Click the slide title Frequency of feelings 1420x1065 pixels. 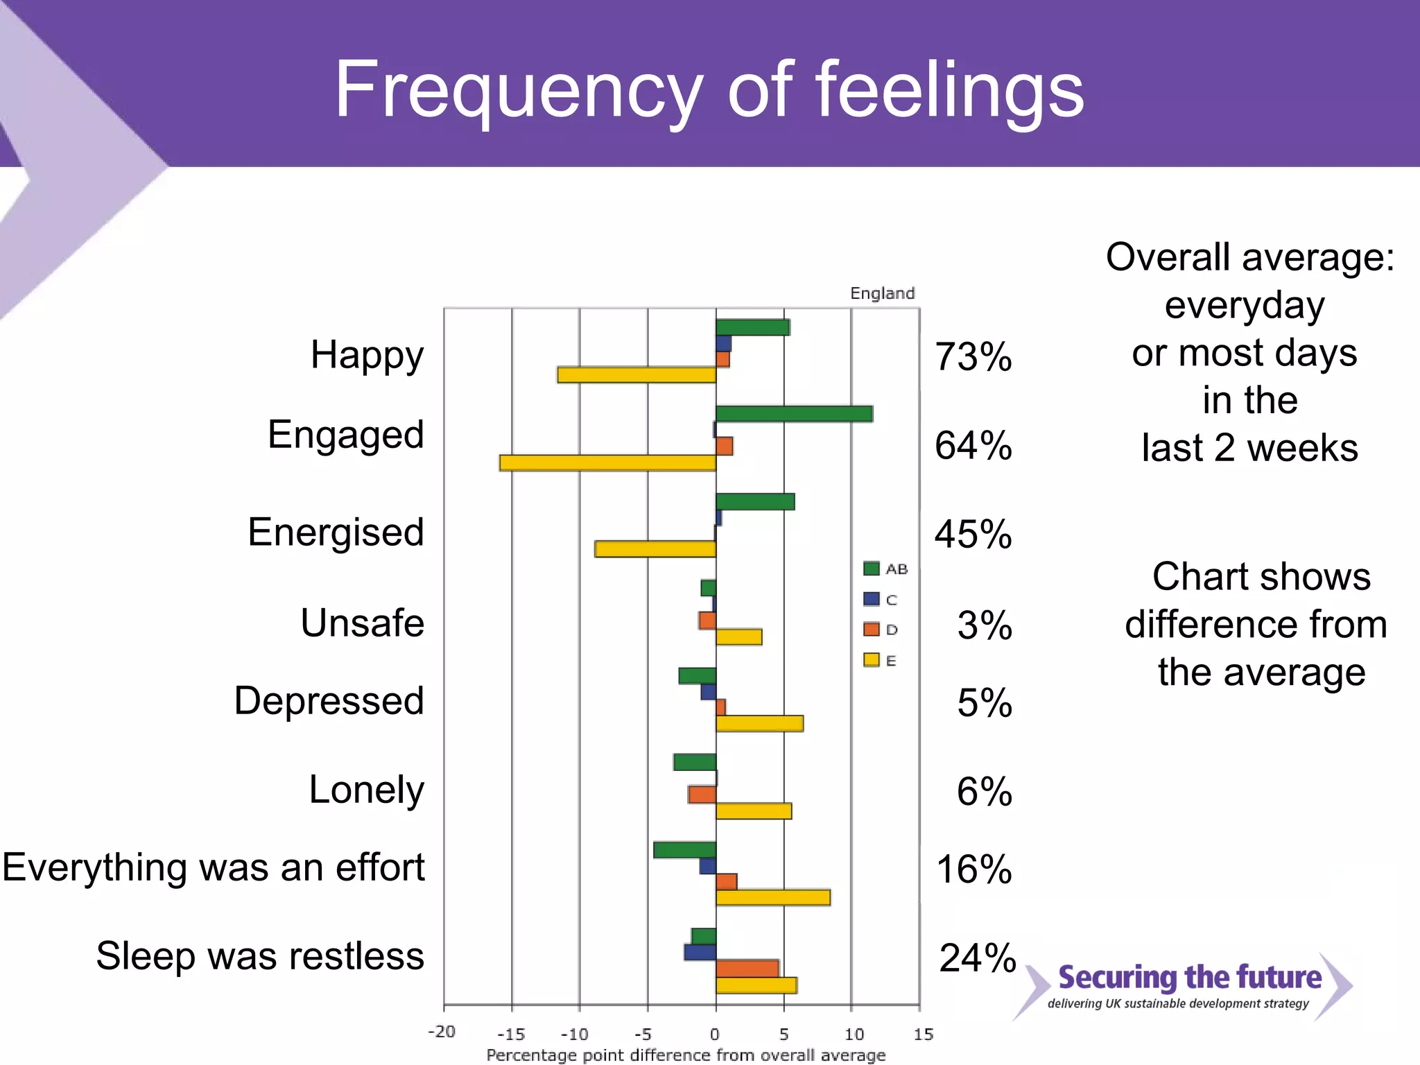[709, 90]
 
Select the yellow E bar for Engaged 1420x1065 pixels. [607, 462]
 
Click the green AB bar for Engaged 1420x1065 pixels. [794, 414]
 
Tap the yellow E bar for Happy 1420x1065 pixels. [637, 375]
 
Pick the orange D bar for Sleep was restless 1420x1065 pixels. [747, 968]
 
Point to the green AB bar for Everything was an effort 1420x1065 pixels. [684, 850]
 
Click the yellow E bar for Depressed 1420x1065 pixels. [759, 724]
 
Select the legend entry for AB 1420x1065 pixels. [885, 569]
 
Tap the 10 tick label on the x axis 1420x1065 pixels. [854, 1034]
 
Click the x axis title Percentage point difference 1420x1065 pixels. [686, 1055]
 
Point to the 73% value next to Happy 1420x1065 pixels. [973, 357]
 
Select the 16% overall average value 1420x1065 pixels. [973, 869]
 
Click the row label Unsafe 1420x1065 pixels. [362, 623]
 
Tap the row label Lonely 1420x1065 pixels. [366, 790]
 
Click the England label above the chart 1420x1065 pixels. [882, 293]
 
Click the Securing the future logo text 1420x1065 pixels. [1189, 977]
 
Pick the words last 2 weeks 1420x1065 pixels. [1249, 448]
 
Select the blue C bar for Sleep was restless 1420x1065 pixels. [700, 952]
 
